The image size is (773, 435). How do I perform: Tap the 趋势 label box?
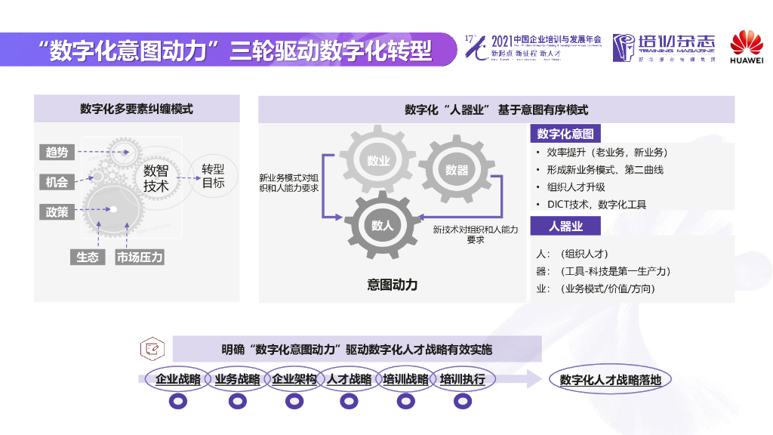[x=57, y=153]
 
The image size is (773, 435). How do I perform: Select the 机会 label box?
[x=57, y=182]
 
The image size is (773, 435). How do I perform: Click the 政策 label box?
[x=57, y=212]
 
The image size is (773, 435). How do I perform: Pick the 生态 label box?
[x=88, y=257]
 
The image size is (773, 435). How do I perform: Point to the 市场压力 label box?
[x=140, y=257]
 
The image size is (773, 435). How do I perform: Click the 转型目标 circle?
[x=213, y=176]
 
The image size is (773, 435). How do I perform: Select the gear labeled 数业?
[x=378, y=161]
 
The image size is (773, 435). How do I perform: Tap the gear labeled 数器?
[x=457, y=170]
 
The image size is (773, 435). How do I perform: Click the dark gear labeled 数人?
[x=383, y=225]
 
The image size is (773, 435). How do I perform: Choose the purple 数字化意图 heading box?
[x=565, y=134]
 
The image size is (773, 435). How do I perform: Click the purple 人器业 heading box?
[x=565, y=226]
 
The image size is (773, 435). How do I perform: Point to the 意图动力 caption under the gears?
[x=393, y=285]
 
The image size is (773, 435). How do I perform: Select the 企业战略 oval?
[x=178, y=379]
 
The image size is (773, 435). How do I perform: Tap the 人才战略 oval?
[x=350, y=379]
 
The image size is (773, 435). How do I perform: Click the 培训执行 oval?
[x=462, y=379]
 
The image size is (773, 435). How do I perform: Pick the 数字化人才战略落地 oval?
[x=610, y=380]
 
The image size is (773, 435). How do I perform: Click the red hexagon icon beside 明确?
[x=152, y=349]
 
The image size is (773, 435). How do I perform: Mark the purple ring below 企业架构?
[x=294, y=403]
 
